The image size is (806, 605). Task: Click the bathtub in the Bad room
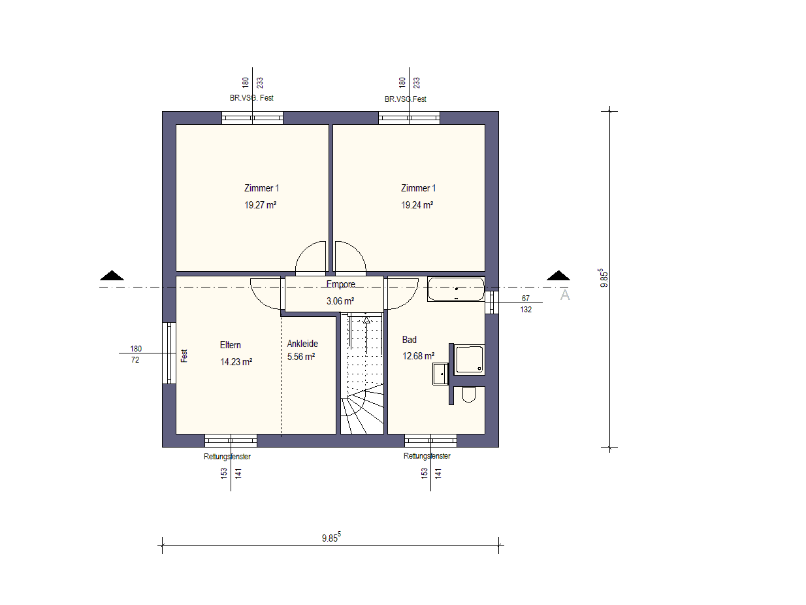456,289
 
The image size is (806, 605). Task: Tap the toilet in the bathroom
468,394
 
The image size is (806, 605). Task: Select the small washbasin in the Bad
440,374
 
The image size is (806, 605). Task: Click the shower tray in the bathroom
469,359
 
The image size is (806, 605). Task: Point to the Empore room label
341,284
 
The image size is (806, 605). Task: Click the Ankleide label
302,344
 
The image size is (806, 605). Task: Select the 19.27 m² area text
261,205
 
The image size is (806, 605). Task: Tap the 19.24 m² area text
417,205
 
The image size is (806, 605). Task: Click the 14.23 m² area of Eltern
236,362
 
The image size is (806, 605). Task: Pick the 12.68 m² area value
418,356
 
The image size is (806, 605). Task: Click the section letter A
565,295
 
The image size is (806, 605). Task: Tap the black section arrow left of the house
112,276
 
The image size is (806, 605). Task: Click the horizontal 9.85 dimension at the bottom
331,545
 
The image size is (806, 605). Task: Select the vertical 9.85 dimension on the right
609,279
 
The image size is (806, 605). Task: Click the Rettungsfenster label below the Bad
427,456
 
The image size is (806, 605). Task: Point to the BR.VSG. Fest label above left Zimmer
251,98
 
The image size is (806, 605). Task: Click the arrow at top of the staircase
366,320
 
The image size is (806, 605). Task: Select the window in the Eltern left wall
169,353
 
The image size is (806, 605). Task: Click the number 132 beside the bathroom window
526,310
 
